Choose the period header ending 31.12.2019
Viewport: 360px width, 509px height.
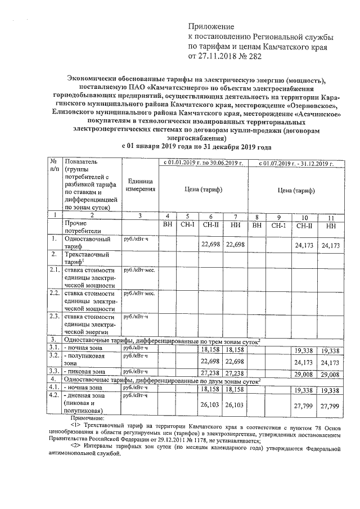pos(296,163)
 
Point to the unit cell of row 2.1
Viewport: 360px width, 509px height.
pos(138,270)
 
